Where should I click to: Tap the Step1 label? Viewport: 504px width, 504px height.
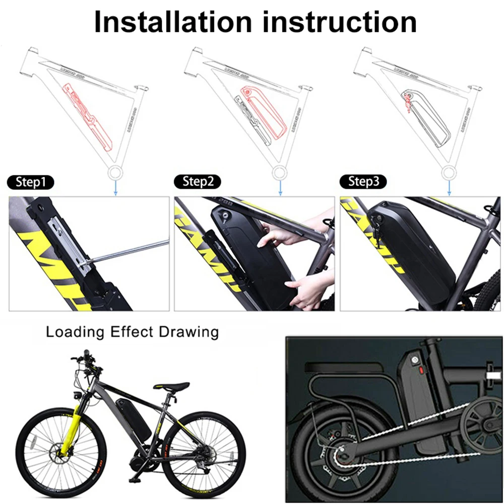(x=31, y=182)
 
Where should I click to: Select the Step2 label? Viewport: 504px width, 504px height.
(x=198, y=182)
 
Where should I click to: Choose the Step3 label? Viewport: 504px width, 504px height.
(x=364, y=182)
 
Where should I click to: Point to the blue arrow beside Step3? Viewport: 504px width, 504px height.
(x=449, y=188)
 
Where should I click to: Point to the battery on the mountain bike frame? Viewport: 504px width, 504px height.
(x=133, y=416)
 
